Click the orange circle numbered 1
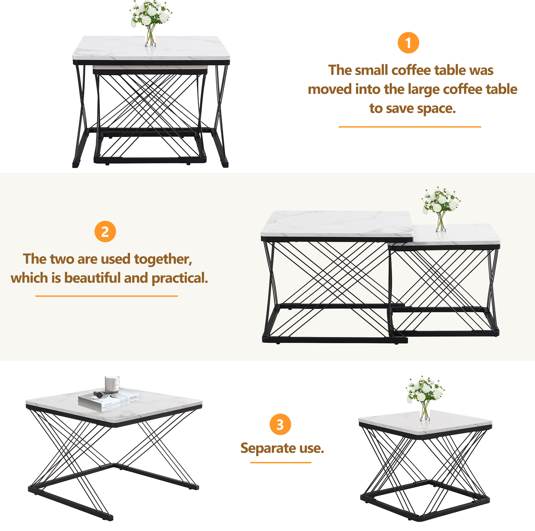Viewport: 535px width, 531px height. coord(408,43)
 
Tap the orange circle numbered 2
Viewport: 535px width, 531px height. coord(105,231)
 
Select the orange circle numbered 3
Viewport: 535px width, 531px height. coord(280,424)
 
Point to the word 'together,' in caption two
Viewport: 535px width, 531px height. coord(163,259)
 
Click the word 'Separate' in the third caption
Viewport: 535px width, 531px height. coord(268,448)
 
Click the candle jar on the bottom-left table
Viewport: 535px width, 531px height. coord(112,384)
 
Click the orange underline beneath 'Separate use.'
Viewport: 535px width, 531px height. coord(280,463)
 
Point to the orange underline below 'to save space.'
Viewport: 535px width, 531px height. coord(410,127)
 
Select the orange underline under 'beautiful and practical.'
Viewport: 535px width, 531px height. coord(106,296)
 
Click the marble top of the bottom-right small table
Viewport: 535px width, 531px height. coord(425,422)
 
